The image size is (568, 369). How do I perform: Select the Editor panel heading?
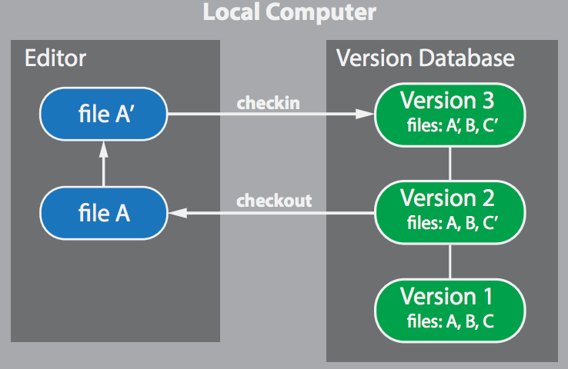55,58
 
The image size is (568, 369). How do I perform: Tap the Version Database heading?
426,58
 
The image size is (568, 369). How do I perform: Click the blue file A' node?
103,115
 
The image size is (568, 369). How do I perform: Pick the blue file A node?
103,213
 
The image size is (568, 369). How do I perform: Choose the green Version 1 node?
449,307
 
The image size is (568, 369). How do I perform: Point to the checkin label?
268,103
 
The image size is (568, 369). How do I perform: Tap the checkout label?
274,201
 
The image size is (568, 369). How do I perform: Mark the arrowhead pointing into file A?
176,213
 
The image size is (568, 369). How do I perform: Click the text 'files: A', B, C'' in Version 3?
449,125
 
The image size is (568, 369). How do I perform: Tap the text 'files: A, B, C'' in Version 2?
449,223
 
